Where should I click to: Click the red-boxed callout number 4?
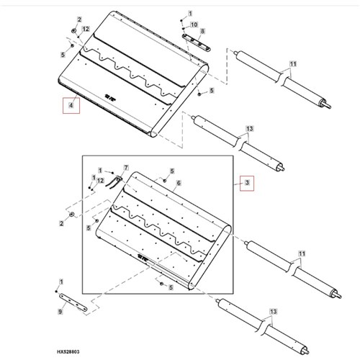[71, 105]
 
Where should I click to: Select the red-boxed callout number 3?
[247, 183]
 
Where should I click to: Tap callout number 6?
[179, 183]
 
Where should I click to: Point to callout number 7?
[126, 168]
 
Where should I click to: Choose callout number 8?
[202, 31]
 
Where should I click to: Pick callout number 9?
[60, 312]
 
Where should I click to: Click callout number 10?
[194, 24]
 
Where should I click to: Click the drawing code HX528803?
[68, 352]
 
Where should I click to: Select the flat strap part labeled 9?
[73, 303]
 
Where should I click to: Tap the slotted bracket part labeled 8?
[196, 42]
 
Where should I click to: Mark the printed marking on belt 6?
[144, 258]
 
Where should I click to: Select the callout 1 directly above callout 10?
[190, 14]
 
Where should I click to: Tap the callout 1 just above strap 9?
[61, 282]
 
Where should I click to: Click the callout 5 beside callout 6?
[172, 171]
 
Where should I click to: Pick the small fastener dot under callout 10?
[184, 29]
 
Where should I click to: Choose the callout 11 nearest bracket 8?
[293, 64]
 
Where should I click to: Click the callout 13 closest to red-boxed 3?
[250, 129]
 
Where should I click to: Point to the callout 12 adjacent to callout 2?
[86, 29]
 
